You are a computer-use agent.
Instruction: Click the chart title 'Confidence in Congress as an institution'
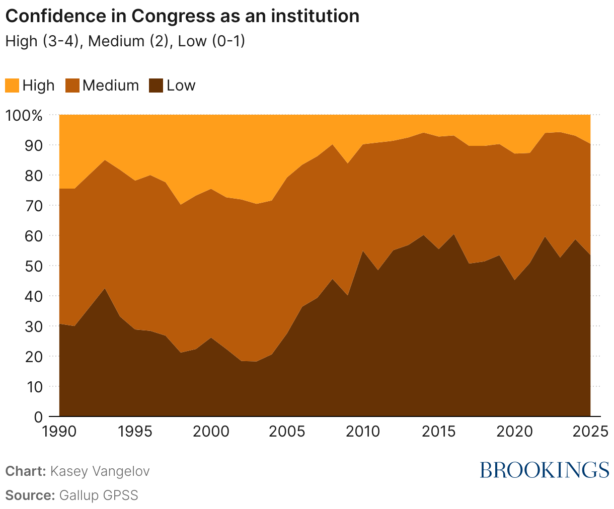click(x=182, y=16)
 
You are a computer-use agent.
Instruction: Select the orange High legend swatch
click(x=12, y=86)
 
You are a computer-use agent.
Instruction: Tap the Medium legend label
click(x=111, y=86)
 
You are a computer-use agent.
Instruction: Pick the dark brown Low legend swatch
click(x=157, y=86)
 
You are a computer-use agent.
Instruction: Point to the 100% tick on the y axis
click(x=24, y=115)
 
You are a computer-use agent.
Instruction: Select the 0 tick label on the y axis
click(x=38, y=417)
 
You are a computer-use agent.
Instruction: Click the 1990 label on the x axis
click(x=59, y=432)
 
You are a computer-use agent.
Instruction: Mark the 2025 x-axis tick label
click(x=589, y=432)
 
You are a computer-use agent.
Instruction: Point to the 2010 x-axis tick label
click(x=362, y=432)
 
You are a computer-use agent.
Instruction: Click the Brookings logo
click(x=544, y=470)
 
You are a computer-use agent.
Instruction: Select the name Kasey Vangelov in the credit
click(x=100, y=472)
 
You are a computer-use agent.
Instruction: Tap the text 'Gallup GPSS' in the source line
click(x=99, y=495)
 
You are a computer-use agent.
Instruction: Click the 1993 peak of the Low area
click(x=105, y=289)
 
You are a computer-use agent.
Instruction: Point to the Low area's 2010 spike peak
click(x=362, y=251)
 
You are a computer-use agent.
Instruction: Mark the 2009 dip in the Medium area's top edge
click(x=347, y=163)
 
